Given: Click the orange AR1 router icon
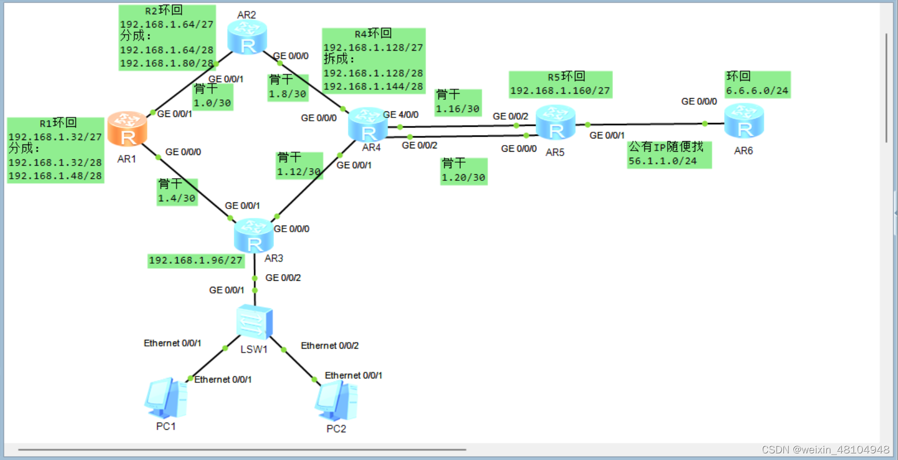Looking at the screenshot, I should click(x=127, y=130).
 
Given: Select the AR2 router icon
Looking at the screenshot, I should click(x=247, y=38).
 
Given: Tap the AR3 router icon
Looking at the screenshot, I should click(x=254, y=236).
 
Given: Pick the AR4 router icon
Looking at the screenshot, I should click(x=368, y=125).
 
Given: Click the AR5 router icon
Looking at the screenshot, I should click(x=555, y=123).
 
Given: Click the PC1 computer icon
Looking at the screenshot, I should click(x=166, y=398).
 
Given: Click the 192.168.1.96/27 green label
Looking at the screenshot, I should click(x=196, y=260).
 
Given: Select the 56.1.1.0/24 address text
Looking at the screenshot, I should click(x=663, y=161).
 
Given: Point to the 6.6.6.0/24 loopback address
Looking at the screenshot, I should click(x=757, y=90).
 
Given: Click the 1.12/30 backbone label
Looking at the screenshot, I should click(x=299, y=172).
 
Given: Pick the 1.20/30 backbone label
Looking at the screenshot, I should click(x=463, y=178).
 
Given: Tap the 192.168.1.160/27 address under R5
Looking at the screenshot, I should click(x=560, y=90).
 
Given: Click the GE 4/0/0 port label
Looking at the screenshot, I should click(x=401, y=115).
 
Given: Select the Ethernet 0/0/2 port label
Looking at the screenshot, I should click(x=330, y=346).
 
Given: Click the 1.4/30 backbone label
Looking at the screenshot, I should click(x=176, y=198).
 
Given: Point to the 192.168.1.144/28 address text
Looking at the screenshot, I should click(x=373, y=87).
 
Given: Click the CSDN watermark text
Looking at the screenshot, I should click(x=825, y=450).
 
